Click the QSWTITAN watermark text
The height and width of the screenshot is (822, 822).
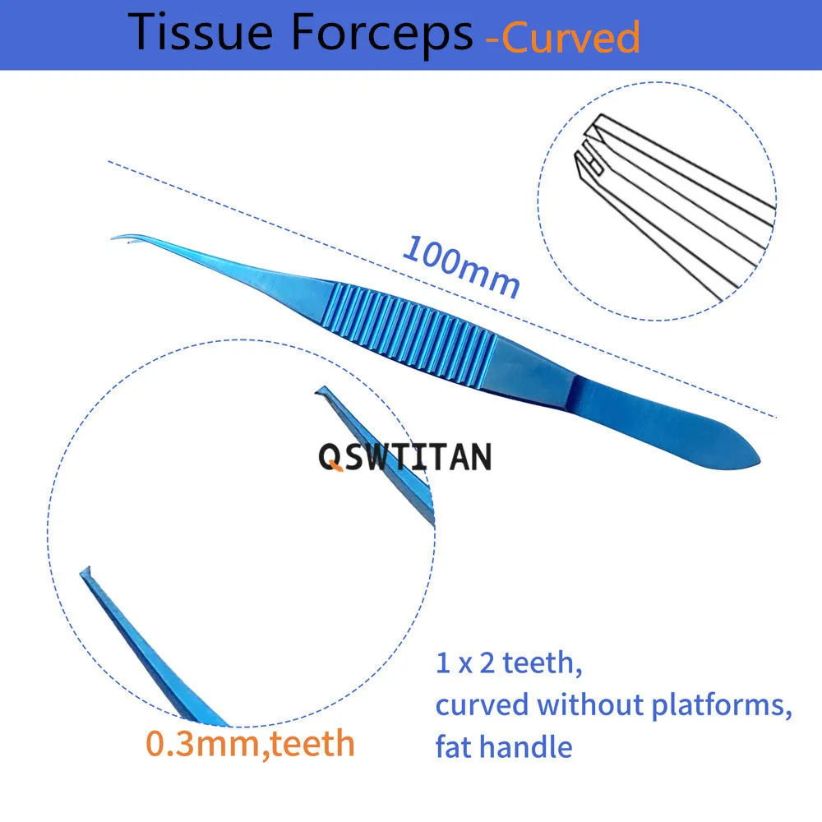click(405, 456)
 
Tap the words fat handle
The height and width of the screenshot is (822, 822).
click(503, 746)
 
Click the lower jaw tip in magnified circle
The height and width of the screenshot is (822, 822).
click(84, 572)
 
